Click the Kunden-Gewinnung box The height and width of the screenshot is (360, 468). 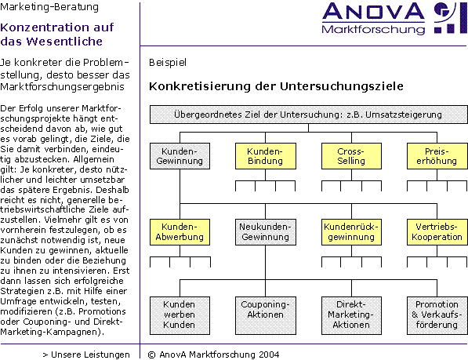180,156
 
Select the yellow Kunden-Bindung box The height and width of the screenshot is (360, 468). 266,156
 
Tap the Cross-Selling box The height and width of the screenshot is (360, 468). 351,156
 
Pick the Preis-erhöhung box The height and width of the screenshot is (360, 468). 437,156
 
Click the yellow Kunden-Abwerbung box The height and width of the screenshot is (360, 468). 180,232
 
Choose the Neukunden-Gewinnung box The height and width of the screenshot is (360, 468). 266,232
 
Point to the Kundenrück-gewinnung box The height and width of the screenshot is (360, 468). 351,232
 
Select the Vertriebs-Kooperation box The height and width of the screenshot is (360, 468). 437,232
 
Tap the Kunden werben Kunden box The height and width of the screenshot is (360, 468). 180,315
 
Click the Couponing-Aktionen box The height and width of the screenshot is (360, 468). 266,315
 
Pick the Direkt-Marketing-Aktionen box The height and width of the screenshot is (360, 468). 351,315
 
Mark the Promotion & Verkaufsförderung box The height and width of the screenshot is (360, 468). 437,315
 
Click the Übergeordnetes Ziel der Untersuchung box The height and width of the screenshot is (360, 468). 309,115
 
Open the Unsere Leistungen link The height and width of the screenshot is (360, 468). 86,355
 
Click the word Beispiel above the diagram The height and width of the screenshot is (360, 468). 168,63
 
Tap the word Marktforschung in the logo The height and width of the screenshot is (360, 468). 373,30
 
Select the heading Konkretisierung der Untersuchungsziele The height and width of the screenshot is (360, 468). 276,86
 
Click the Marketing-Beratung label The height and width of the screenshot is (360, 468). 49,7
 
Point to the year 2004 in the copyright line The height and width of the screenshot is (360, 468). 269,355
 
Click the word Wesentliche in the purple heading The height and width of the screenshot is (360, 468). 64,42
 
